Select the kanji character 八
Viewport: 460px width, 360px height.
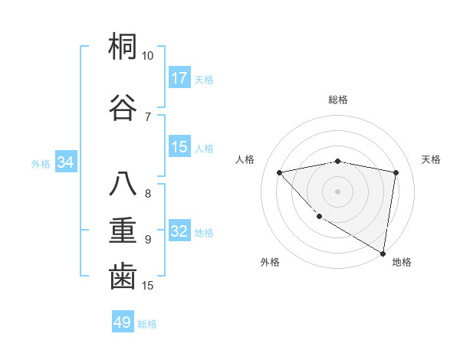pyautogui.click(x=123, y=184)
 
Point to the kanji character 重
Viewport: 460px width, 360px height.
pyautogui.click(x=123, y=230)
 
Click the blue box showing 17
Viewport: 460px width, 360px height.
pyautogui.click(x=179, y=78)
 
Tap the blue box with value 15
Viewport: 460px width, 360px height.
pyautogui.click(x=179, y=147)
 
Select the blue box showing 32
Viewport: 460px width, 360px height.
pyautogui.click(x=179, y=232)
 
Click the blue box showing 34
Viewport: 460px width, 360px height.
pyautogui.click(x=65, y=162)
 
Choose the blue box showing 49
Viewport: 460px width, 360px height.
pyautogui.click(x=123, y=322)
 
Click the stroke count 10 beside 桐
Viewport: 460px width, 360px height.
pyautogui.click(x=147, y=56)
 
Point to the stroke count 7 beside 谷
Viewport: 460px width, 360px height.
pyautogui.click(x=147, y=116)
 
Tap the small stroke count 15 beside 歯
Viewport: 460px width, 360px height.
pyautogui.click(x=148, y=286)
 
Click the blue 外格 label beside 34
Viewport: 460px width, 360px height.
pyautogui.click(x=41, y=163)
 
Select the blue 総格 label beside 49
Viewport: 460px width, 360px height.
pyautogui.click(x=147, y=324)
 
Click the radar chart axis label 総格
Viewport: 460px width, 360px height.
pyautogui.click(x=338, y=100)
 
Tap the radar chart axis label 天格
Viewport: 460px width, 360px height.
pyautogui.click(x=431, y=159)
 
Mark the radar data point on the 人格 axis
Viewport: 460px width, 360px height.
pyautogui.click(x=280, y=172)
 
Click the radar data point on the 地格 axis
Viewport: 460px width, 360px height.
pyautogui.click(x=383, y=253)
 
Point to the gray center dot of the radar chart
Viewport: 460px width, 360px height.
pyautogui.click(x=338, y=191)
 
